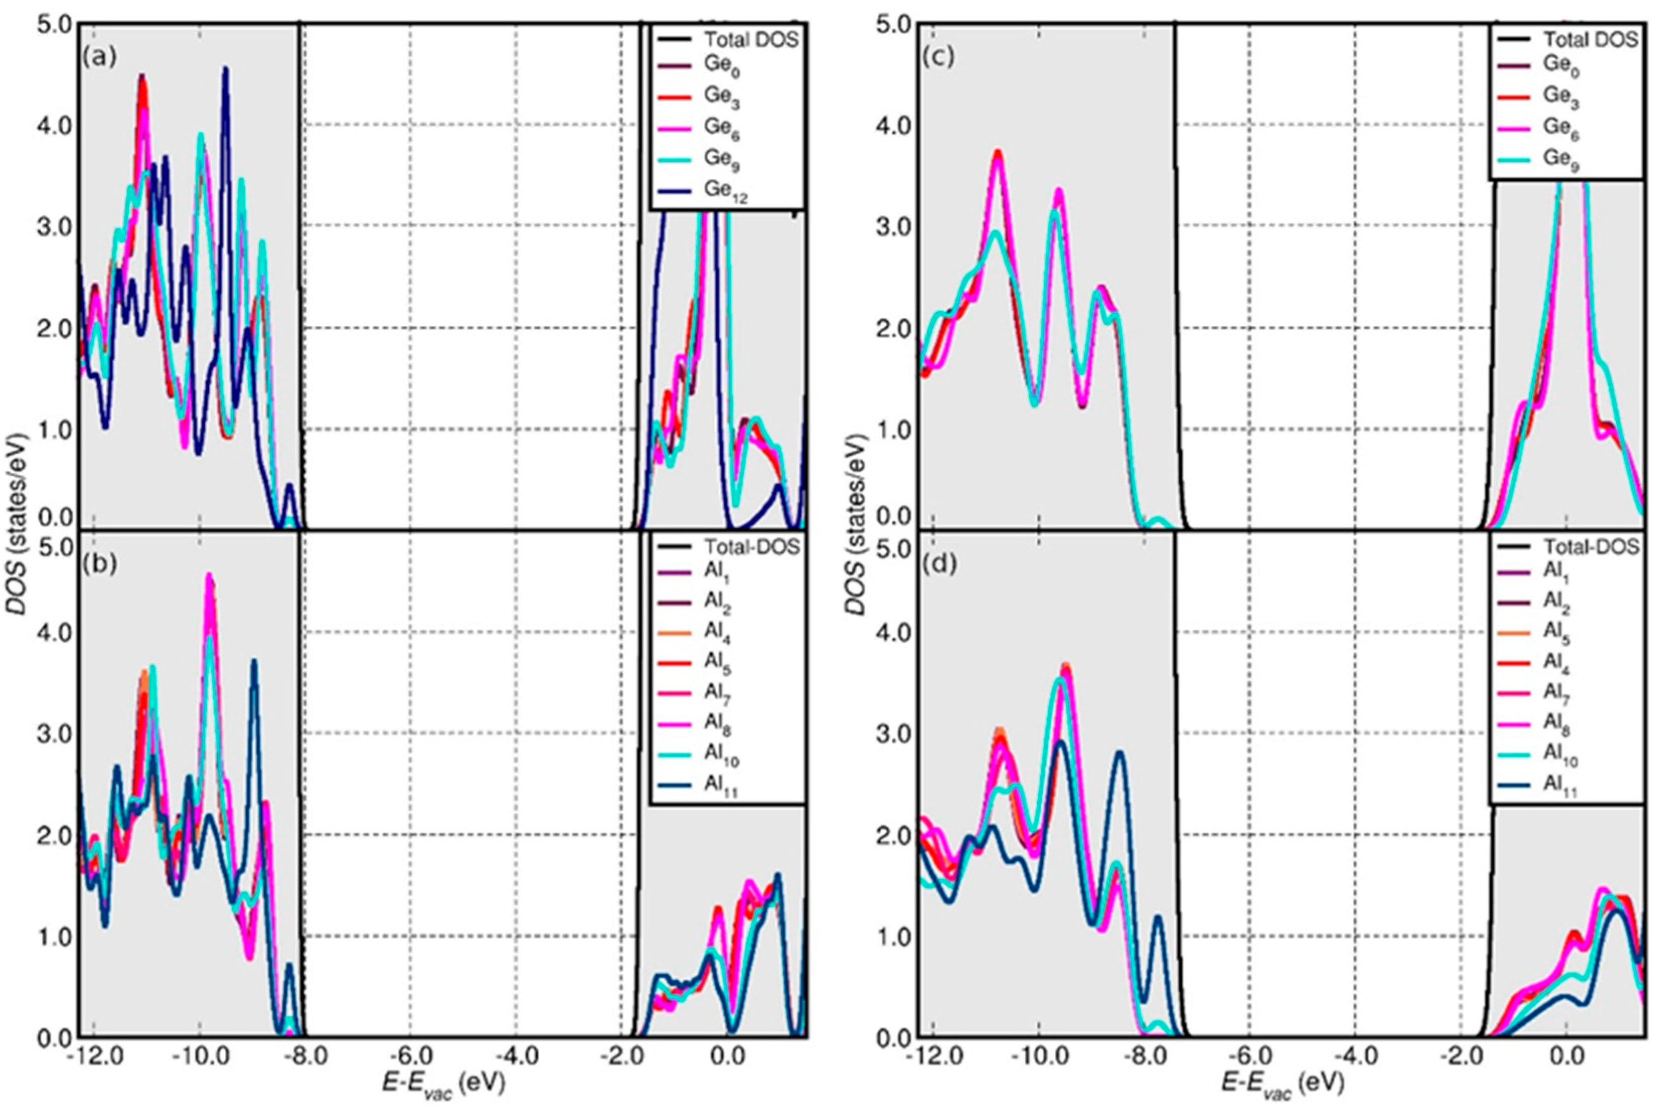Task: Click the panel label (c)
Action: [x=938, y=57]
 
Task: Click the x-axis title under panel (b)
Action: [x=444, y=1084]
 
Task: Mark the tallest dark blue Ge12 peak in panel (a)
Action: [x=225, y=69]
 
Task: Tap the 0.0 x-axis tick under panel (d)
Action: [x=1564, y=1057]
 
